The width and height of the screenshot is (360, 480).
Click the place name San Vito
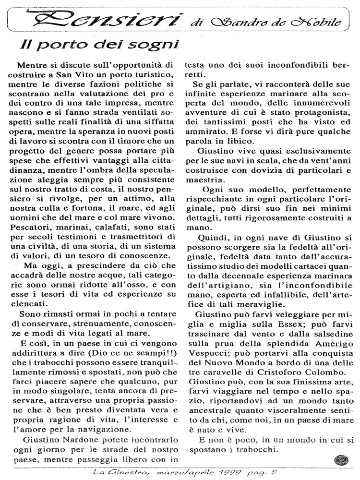tap(76, 76)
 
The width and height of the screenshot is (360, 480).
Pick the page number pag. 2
tap(305, 473)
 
